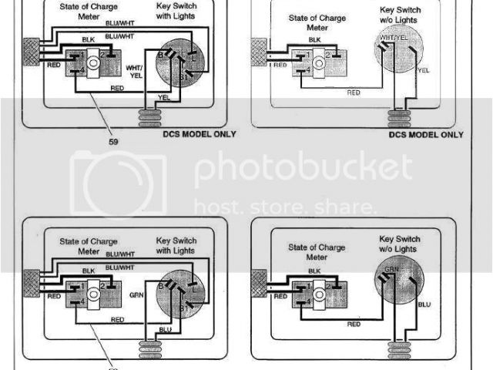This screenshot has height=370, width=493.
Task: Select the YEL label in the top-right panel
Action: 422,69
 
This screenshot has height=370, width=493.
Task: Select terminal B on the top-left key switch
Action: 160,55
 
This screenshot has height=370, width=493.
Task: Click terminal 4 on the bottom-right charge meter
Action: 308,300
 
